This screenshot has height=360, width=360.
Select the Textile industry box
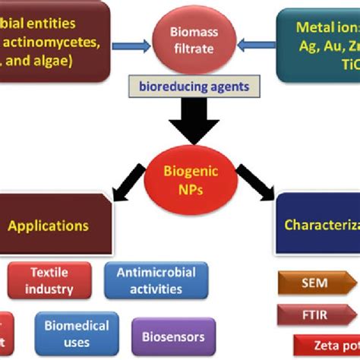click(x=52, y=280)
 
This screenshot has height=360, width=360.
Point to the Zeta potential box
click(x=327, y=346)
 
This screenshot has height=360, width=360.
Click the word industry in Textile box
click(x=52, y=289)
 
